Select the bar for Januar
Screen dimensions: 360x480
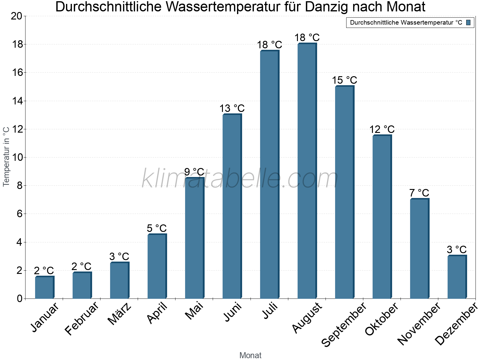[44, 287]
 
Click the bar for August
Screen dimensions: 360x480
[307, 171]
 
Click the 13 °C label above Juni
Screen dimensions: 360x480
[232, 108]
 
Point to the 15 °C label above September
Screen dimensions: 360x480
[344, 80]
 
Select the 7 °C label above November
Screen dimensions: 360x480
[419, 193]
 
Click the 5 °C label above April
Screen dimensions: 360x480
[157, 228]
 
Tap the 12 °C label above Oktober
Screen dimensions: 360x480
[382, 129]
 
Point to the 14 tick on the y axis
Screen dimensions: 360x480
[17, 101]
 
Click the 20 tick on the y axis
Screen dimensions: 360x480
[17, 16]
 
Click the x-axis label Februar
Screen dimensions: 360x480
[81, 318]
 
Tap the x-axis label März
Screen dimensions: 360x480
[119, 314]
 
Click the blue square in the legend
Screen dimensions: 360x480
[468, 22]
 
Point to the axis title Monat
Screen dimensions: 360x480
[250, 355]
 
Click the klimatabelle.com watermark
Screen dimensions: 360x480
[240, 178]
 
